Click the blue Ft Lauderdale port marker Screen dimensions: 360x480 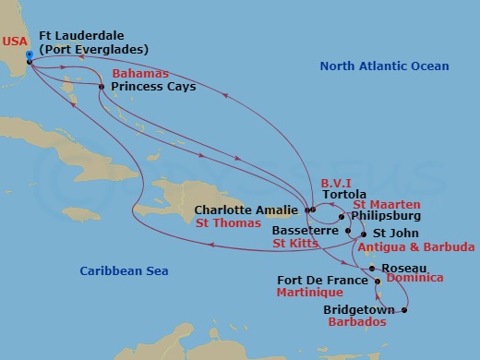click(x=29, y=56)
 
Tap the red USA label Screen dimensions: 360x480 click(x=14, y=42)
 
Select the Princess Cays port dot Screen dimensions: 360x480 click(x=102, y=87)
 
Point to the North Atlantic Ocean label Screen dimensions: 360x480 click(x=384, y=66)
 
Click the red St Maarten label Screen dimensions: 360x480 click(x=387, y=204)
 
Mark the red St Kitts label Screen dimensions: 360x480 click(x=294, y=244)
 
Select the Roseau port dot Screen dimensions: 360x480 click(x=372, y=269)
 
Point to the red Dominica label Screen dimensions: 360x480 click(x=414, y=277)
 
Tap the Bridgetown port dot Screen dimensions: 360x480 click(x=403, y=310)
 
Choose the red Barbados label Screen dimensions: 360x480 click(x=354, y=323)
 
